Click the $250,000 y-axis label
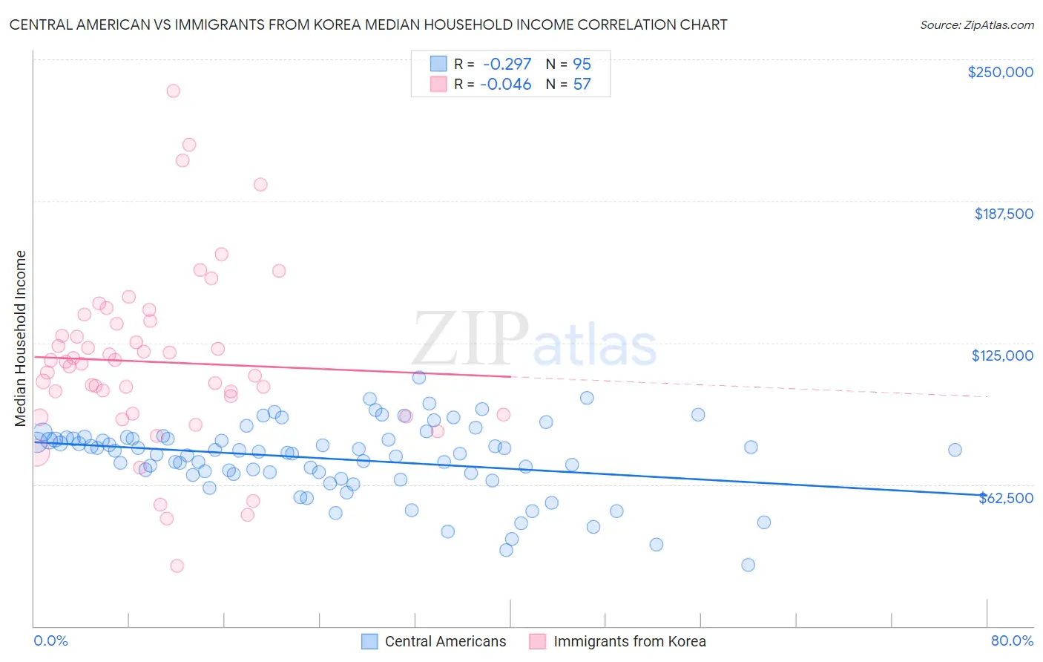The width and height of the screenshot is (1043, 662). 1000,72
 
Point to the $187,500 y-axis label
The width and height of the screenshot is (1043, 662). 1004,214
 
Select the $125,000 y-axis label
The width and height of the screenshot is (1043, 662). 1002,355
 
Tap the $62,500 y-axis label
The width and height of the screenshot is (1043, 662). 1006,498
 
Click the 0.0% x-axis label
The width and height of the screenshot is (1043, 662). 50,641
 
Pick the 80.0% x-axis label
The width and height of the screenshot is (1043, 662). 1012,641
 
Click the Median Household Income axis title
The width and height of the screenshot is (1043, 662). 21,338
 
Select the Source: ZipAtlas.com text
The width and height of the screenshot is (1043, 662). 976,25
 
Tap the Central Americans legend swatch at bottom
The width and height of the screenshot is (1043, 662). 369,641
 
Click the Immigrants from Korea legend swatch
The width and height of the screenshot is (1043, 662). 538,641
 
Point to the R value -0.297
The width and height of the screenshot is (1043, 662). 507,65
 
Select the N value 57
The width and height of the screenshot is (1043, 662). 582,85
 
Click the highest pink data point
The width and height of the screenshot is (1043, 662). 173,91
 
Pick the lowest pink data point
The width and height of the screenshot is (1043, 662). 177,566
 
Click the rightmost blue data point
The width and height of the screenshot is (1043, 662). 955,450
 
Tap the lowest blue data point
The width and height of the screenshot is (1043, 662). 748,565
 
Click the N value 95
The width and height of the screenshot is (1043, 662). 582,65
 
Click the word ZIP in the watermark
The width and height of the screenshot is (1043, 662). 470,340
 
